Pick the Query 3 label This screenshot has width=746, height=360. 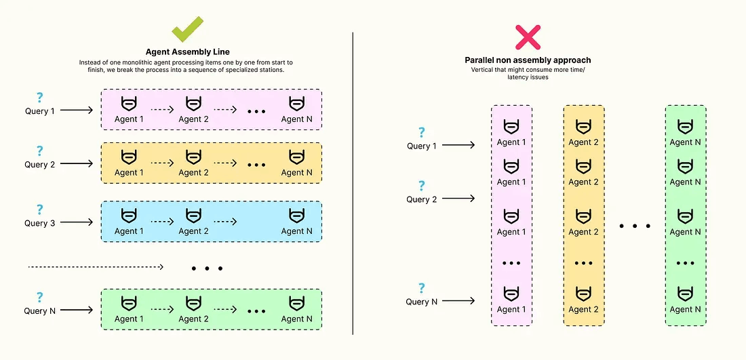coord(40,223)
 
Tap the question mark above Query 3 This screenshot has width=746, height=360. coord(40,209)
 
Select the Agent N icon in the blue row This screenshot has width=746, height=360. coord(296,216)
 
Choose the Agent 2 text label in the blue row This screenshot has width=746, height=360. coord(194,231)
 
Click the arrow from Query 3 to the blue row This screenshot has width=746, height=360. coord(78,222)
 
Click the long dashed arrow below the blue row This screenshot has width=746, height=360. coord(95,267)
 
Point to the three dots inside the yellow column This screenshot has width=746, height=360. coord(583,263)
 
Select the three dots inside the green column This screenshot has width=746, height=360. coord(686,263)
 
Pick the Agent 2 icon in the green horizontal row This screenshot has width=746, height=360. coord(194,304)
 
